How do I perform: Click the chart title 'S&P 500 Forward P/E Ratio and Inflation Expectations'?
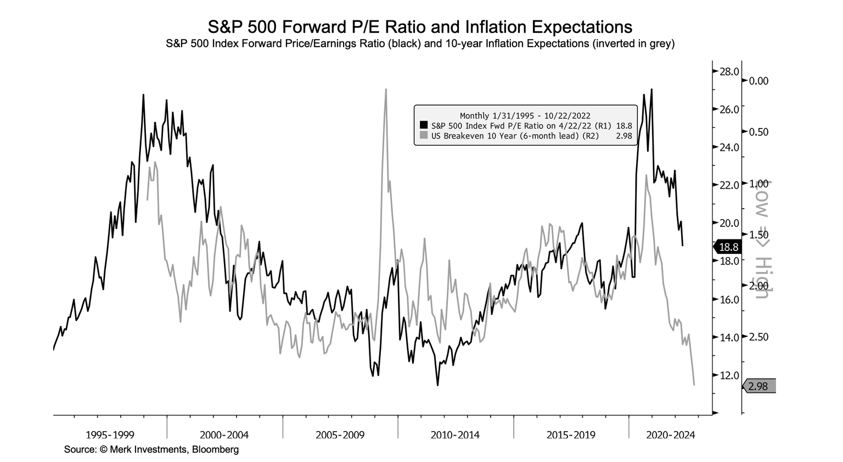coord(420,27)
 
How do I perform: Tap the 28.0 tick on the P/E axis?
coord(729,71)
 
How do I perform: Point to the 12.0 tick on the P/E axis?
coord(729,375)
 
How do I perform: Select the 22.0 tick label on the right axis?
coord(729,185)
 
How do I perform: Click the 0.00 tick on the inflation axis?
coord(758,81)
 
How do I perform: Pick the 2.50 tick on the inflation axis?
coord(758,337)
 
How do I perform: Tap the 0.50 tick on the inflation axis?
coord(758,132)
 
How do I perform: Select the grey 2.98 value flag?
coord(758,387)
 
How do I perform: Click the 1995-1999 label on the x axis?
coord(110,435)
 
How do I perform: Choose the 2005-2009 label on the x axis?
coord(340,435)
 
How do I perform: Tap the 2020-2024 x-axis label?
coord(671,435)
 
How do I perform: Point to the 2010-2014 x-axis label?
coord(455,435)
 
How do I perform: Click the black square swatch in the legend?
coord(424,125)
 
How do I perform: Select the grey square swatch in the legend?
coord(424,136)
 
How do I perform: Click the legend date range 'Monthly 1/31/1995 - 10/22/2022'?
coord(525,115)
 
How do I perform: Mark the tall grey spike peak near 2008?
coord(386,90)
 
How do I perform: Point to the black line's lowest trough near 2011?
coord(437,385)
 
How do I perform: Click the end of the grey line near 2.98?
coord(694,385)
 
